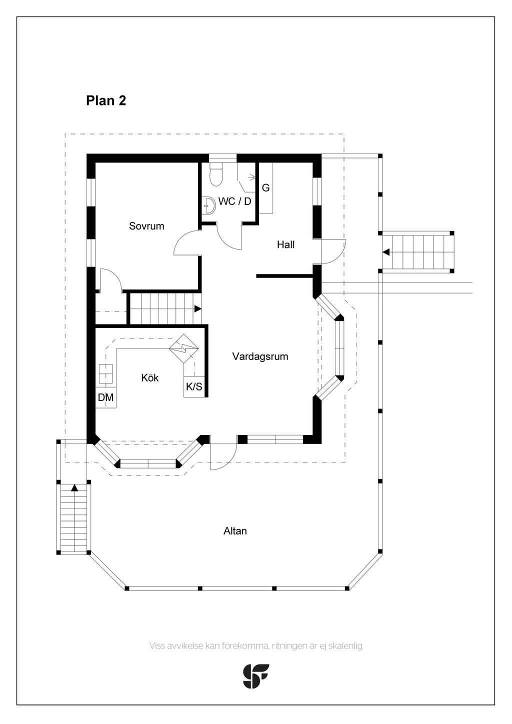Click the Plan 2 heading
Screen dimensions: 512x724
[x=106, y=101]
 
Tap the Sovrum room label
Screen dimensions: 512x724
[x=146, y=226]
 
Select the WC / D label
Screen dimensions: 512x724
[x=234, y=201]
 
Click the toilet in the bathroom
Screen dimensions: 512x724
[x=216, y=174]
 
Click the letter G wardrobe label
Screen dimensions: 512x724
[x=265, y=188]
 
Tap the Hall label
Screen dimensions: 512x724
[x=285, y=244]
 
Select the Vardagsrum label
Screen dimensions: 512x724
[x=260, y=357]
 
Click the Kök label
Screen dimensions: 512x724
[x=149, y=378]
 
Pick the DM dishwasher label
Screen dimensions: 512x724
[x=105, y=397]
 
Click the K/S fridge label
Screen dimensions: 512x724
[x=194, y=386]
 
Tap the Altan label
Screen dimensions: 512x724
[x=235, y=531]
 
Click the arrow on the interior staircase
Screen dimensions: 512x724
[x=197, y=308]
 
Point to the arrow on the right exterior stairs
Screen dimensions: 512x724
[x=386, y=252]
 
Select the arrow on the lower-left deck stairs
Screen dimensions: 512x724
[x=74, y=487]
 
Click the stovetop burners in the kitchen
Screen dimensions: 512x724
[x=105, y=373]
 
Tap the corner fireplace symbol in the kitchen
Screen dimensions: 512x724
[x=183, y=348]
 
